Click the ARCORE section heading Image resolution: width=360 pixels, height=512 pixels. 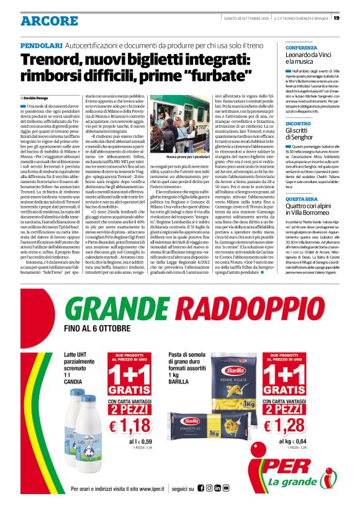pyautogui.click(x=42, y=20)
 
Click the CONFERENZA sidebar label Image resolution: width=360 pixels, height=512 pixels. pyautogui.click(x=301, y=47)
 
